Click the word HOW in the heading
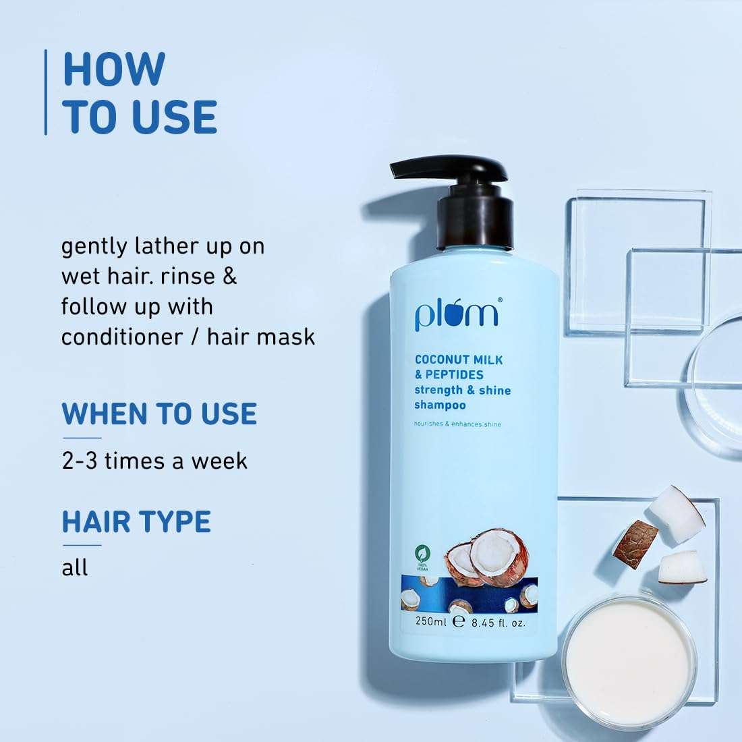point(114,69)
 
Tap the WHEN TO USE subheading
point(159,413)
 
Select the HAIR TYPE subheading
point(136,521)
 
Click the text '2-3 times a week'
point(154,461)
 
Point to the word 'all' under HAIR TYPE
point(75,567)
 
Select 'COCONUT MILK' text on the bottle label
point(459,360)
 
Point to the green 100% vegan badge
point(422,557)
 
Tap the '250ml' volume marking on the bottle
point(430,621)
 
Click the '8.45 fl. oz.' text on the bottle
point(498,623)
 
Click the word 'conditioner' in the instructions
point(121,337)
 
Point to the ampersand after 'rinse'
point(229,277)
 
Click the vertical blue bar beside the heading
point(46,92)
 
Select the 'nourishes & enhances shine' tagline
point(457,424)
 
